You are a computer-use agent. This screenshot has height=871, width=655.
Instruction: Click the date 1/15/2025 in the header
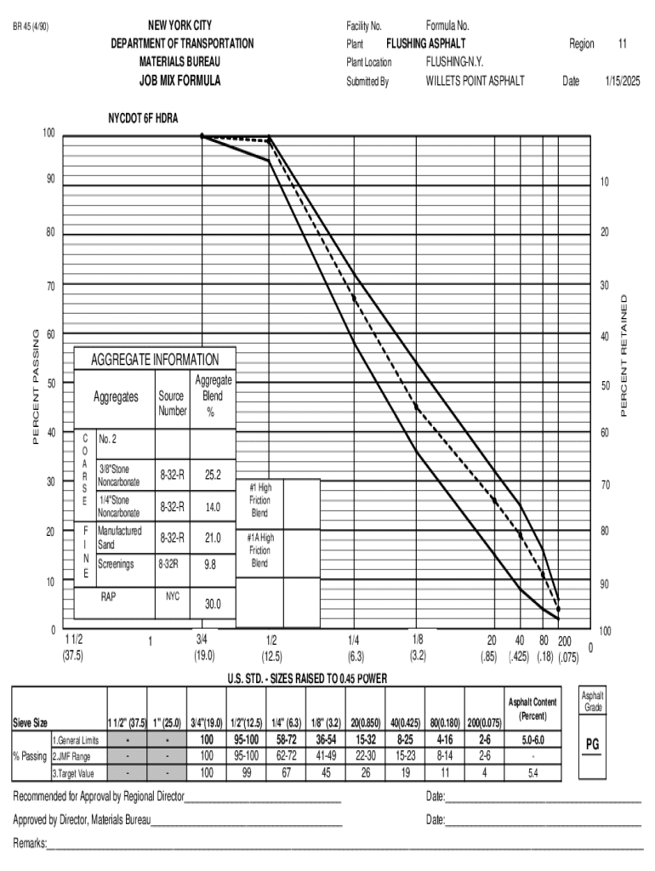[622, 82]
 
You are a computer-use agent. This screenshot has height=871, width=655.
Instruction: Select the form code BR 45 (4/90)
[31, 26]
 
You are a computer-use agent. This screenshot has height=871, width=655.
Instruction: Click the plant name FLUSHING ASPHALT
[426, 43]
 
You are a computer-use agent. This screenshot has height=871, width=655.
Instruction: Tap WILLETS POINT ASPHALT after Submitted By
[476, 82]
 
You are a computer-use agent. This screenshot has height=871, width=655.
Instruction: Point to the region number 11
[623, 43]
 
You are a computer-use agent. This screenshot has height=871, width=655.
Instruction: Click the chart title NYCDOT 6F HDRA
[143, 118]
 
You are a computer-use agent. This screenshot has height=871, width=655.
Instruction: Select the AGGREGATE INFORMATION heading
[155, 360]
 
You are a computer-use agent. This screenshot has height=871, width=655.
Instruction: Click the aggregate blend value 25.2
[213, 475]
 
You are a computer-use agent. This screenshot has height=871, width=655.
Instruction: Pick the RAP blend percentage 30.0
[213, 604]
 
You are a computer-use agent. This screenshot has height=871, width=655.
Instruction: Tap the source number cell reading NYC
[173, 596]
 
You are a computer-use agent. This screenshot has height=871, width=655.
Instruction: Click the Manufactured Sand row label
[120, 538]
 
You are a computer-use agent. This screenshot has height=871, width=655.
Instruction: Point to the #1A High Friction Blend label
[259, 550]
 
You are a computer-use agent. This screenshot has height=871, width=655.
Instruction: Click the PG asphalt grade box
[593, 744]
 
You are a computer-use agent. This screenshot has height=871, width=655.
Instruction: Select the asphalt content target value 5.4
[533, 773]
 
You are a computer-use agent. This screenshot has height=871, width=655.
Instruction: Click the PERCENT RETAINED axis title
[625, 356]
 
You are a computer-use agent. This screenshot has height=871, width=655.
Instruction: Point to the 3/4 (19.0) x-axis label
[204, 647]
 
